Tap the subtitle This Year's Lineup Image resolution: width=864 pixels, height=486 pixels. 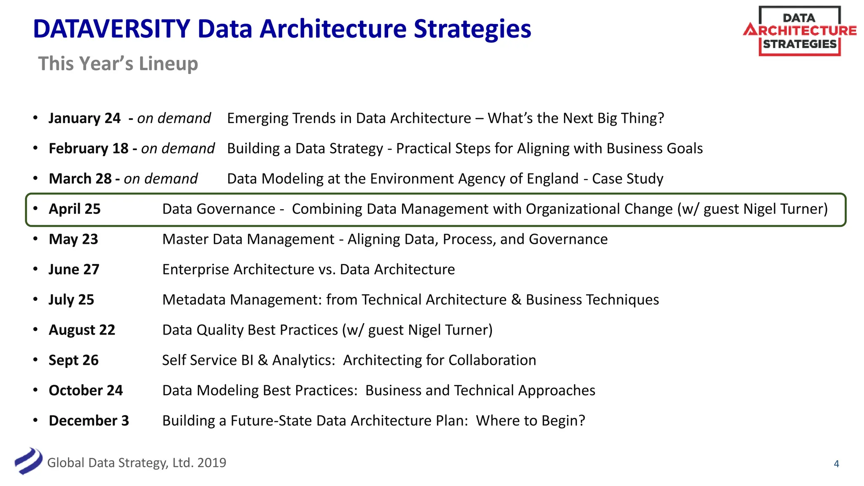(118, 64)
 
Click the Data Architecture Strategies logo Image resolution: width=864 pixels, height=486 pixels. (799, 31)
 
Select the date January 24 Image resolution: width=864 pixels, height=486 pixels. (84, 118)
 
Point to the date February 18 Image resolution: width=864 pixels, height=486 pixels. (89, 148)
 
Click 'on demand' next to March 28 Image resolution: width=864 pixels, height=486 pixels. (161, 179)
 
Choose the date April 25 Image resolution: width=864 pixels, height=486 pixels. (75, 209)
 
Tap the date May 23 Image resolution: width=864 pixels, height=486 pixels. (73, 239)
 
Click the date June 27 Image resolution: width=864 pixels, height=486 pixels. (74, 270)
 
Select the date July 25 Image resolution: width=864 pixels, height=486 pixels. (71, 300)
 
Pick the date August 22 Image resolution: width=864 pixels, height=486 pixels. (82, 330)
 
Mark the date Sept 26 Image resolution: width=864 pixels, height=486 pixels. (73, 360)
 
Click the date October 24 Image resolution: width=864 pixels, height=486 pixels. (86, 391)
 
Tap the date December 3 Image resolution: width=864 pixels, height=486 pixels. (89, 421)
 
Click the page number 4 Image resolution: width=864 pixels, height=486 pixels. (836, 464)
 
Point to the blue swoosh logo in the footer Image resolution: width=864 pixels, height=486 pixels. (28, 461)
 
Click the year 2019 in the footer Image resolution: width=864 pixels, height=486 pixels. (211, 463)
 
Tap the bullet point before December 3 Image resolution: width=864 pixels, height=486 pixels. (35, 420)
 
